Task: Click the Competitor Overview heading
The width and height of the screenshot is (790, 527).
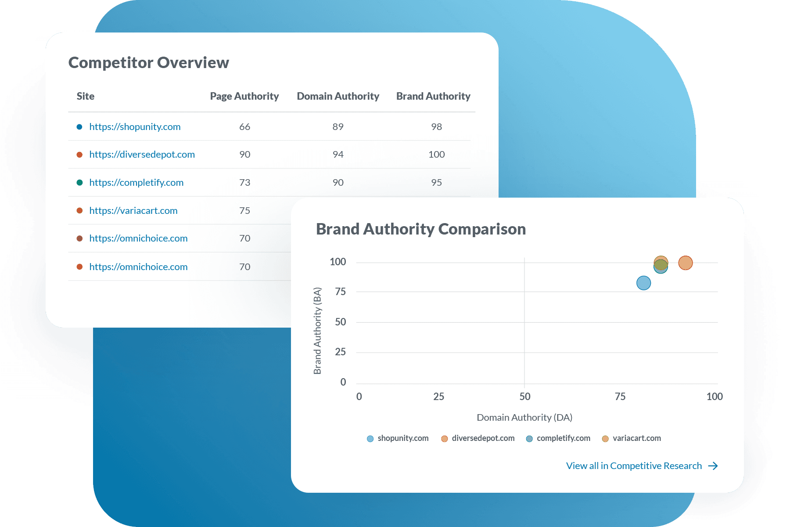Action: coord(149,63)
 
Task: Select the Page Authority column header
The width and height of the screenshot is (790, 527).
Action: coord(244,96)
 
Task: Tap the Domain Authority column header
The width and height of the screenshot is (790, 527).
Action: coord(338,96)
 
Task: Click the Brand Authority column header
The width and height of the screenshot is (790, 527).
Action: coord(433,96)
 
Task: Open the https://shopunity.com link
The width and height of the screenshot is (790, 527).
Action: coord(135,127)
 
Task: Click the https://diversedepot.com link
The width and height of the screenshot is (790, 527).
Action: coord(142,155)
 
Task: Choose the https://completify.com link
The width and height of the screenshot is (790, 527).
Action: coord(136,183)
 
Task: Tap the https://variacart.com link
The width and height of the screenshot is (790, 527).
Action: coord(133,211)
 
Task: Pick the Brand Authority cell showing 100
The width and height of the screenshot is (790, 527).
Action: coord(436,155)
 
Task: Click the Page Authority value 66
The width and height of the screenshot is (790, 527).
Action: coord(244,127)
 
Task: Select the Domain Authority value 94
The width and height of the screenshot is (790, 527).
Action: coord(338,155)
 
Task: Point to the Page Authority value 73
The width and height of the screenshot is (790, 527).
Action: coord(244,183)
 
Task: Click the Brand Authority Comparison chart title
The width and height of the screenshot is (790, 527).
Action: coord(420,229)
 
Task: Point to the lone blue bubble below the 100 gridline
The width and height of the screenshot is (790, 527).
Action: coord(643,283)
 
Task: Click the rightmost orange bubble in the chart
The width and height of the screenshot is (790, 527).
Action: coord(685,263)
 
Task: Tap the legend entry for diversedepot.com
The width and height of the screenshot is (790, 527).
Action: coord(483,438)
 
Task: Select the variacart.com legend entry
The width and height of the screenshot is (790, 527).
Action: coord(636,438)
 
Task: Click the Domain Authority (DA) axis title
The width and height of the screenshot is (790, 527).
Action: coord(524,418)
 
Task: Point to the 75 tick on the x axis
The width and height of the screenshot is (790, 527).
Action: coord(620,397)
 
